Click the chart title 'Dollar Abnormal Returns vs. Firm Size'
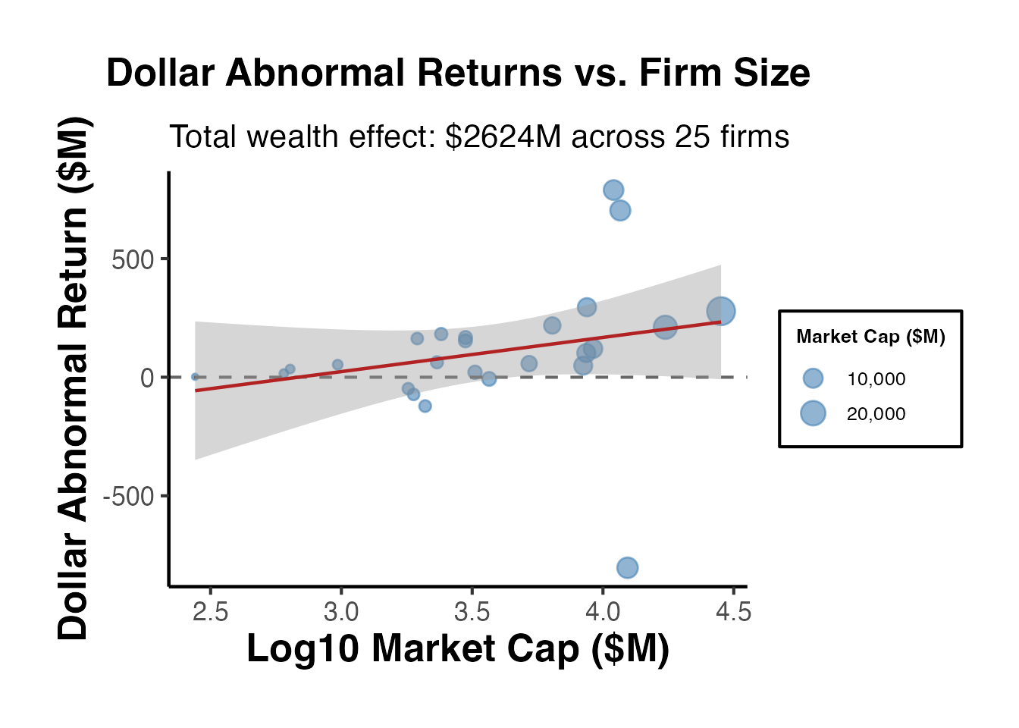[458, 74]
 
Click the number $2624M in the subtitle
[503, 137]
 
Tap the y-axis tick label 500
[133, 260]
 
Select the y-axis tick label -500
[128, 497]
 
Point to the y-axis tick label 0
[147, 378]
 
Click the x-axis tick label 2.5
[210, 611]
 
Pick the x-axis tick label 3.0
[341, 611]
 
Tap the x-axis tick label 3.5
[472, 611]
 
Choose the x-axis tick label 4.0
[603, 611]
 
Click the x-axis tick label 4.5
[733, 611]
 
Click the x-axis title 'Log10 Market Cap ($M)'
[458, 649]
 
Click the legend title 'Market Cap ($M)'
[870, 337]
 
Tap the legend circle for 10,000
[813, 378]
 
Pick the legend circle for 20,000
[813, 413]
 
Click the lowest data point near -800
[627, 567]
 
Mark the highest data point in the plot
[613, 190]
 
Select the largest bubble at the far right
[721, 311]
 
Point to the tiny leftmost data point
[195, 376]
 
